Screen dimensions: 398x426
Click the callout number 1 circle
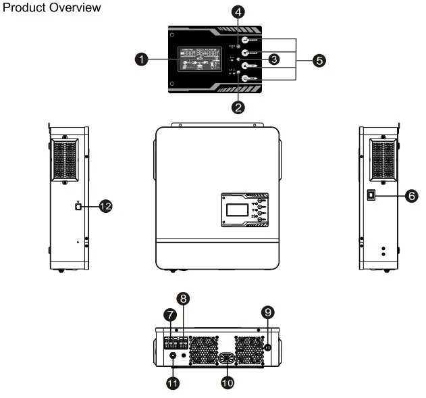tap(142, 60)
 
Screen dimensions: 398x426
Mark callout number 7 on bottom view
tap(171, 315)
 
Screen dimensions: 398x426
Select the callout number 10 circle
tap(230, 382)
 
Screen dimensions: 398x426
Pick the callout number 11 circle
tap(173, 382)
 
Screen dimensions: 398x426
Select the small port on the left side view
tap(78, 207)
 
